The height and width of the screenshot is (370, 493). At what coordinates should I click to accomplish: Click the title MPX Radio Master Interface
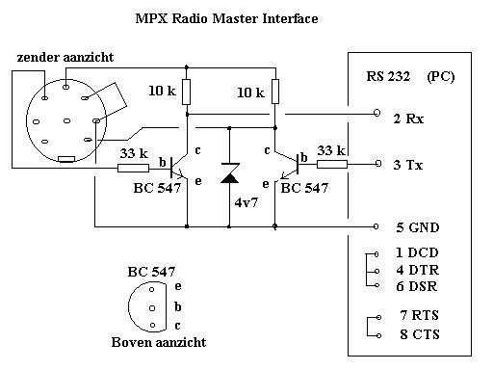coord(226,18)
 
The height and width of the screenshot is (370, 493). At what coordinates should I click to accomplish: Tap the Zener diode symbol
coord(230,173)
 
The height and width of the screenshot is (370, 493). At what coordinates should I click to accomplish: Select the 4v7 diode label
coord(246,202)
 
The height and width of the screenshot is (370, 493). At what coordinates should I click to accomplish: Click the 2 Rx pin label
coord(408,119)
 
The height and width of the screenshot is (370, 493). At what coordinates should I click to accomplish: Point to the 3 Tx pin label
coord(408,165)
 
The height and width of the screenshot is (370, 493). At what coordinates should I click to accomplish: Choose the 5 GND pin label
coord(417,227)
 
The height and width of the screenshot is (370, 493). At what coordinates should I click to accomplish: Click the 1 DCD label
coord(417,252)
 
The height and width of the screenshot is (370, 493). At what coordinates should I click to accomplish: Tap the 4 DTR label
coord(417,270)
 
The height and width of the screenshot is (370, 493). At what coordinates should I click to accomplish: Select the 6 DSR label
coord(417,286)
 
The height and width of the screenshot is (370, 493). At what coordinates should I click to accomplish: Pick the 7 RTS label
coord(419,315)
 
